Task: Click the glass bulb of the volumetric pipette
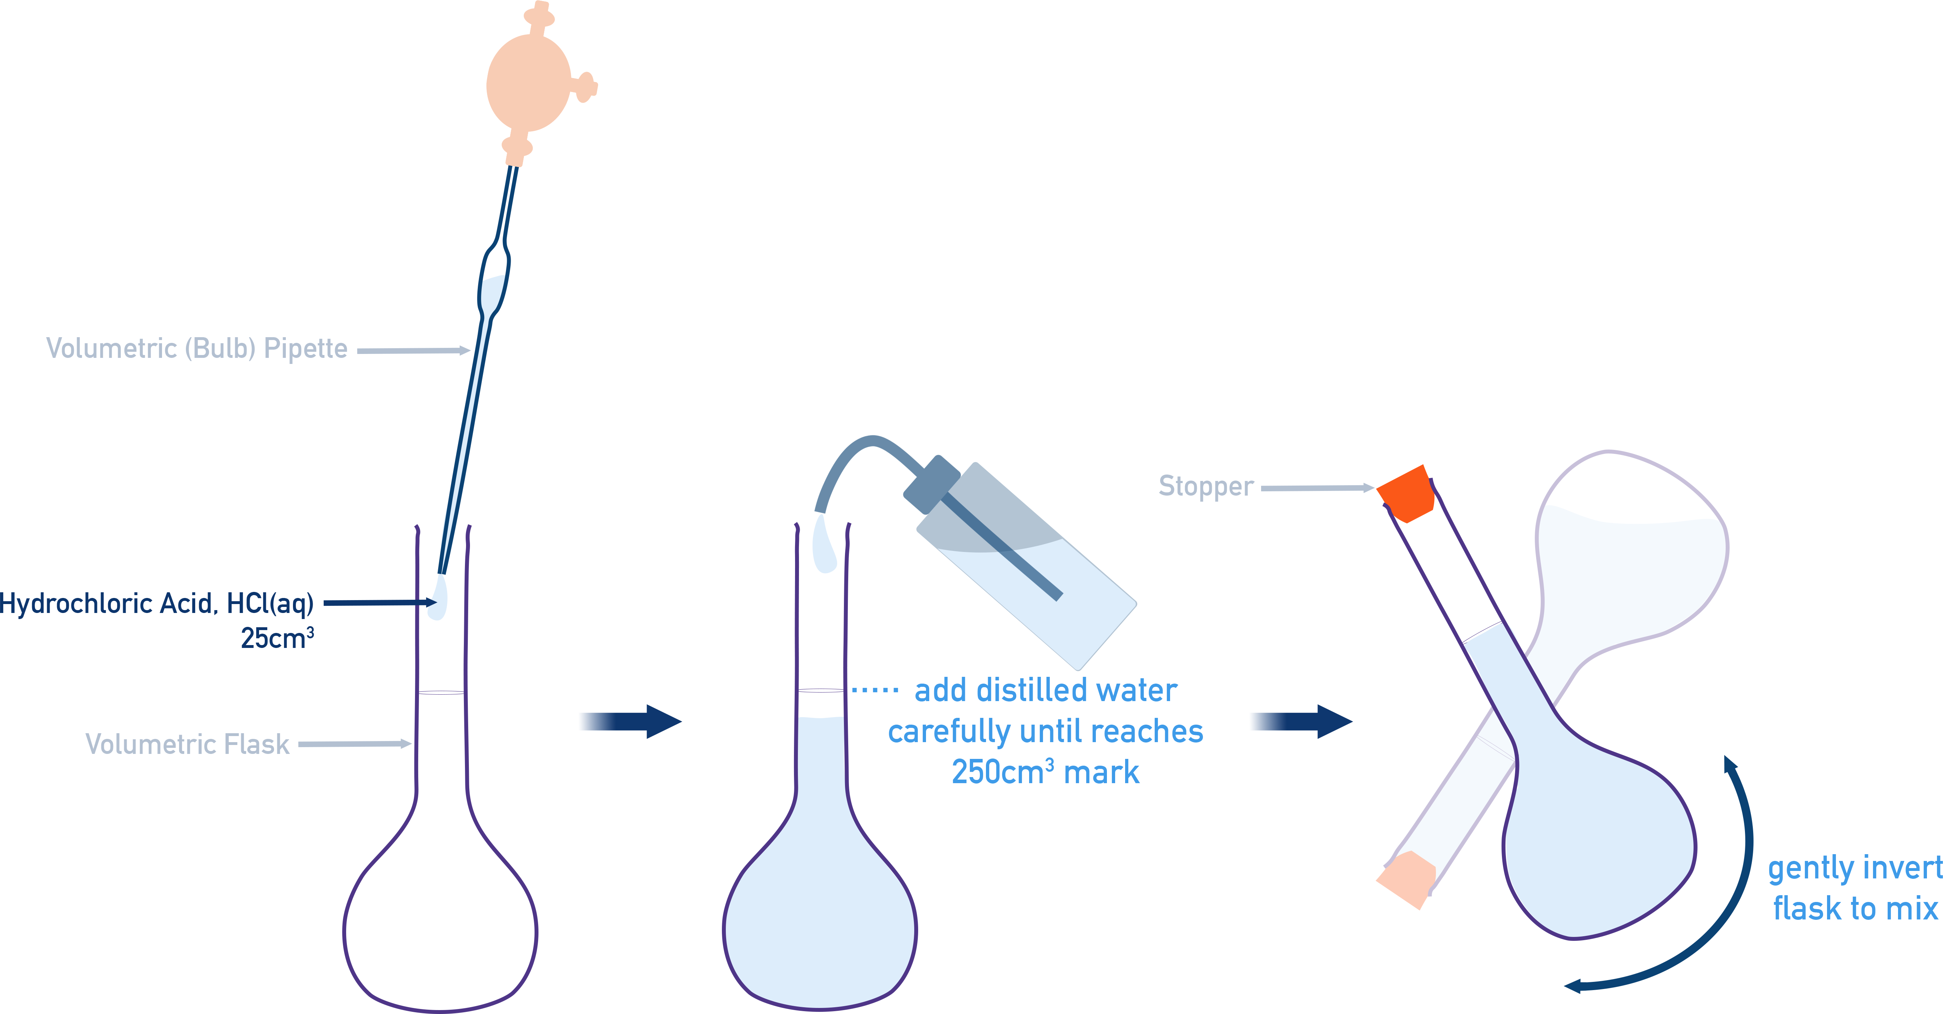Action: (x=494, y=283)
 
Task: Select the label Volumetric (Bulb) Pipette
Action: (x=196, y=348)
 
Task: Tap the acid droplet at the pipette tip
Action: (x=437, y=599)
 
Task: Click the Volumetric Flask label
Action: (x=187, y=744)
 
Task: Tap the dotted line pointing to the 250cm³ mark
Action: (x=875, y=690)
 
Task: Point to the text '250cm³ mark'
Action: (x=1046, y=772)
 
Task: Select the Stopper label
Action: (x=1205, y=486)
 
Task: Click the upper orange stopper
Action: (x=1405, y=494)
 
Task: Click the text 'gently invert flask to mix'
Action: (x=1854, y=888)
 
